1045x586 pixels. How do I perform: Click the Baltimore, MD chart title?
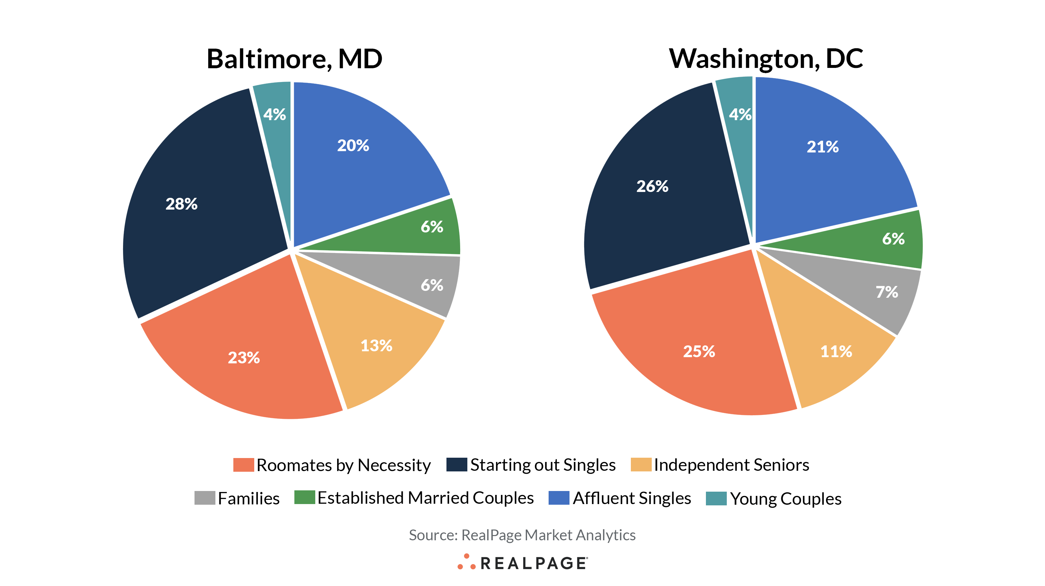point(294,59)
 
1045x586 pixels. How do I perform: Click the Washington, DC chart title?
point(766,59)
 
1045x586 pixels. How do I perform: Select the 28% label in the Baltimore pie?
point(181,204)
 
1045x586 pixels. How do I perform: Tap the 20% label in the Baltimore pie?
point(353,145)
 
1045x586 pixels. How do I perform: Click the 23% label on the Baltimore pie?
point(243,357)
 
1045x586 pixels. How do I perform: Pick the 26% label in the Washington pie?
point(652,186)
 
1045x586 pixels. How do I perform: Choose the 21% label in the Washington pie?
point(822,147)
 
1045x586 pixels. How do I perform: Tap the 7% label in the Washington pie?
point(886,292)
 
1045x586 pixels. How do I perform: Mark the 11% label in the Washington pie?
point(836,352)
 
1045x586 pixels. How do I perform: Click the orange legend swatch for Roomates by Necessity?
point(243,465)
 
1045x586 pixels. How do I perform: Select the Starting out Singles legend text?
point(542,465)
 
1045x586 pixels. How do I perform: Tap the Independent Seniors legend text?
point(731,465)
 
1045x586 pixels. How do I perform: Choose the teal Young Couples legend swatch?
point(716,498)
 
